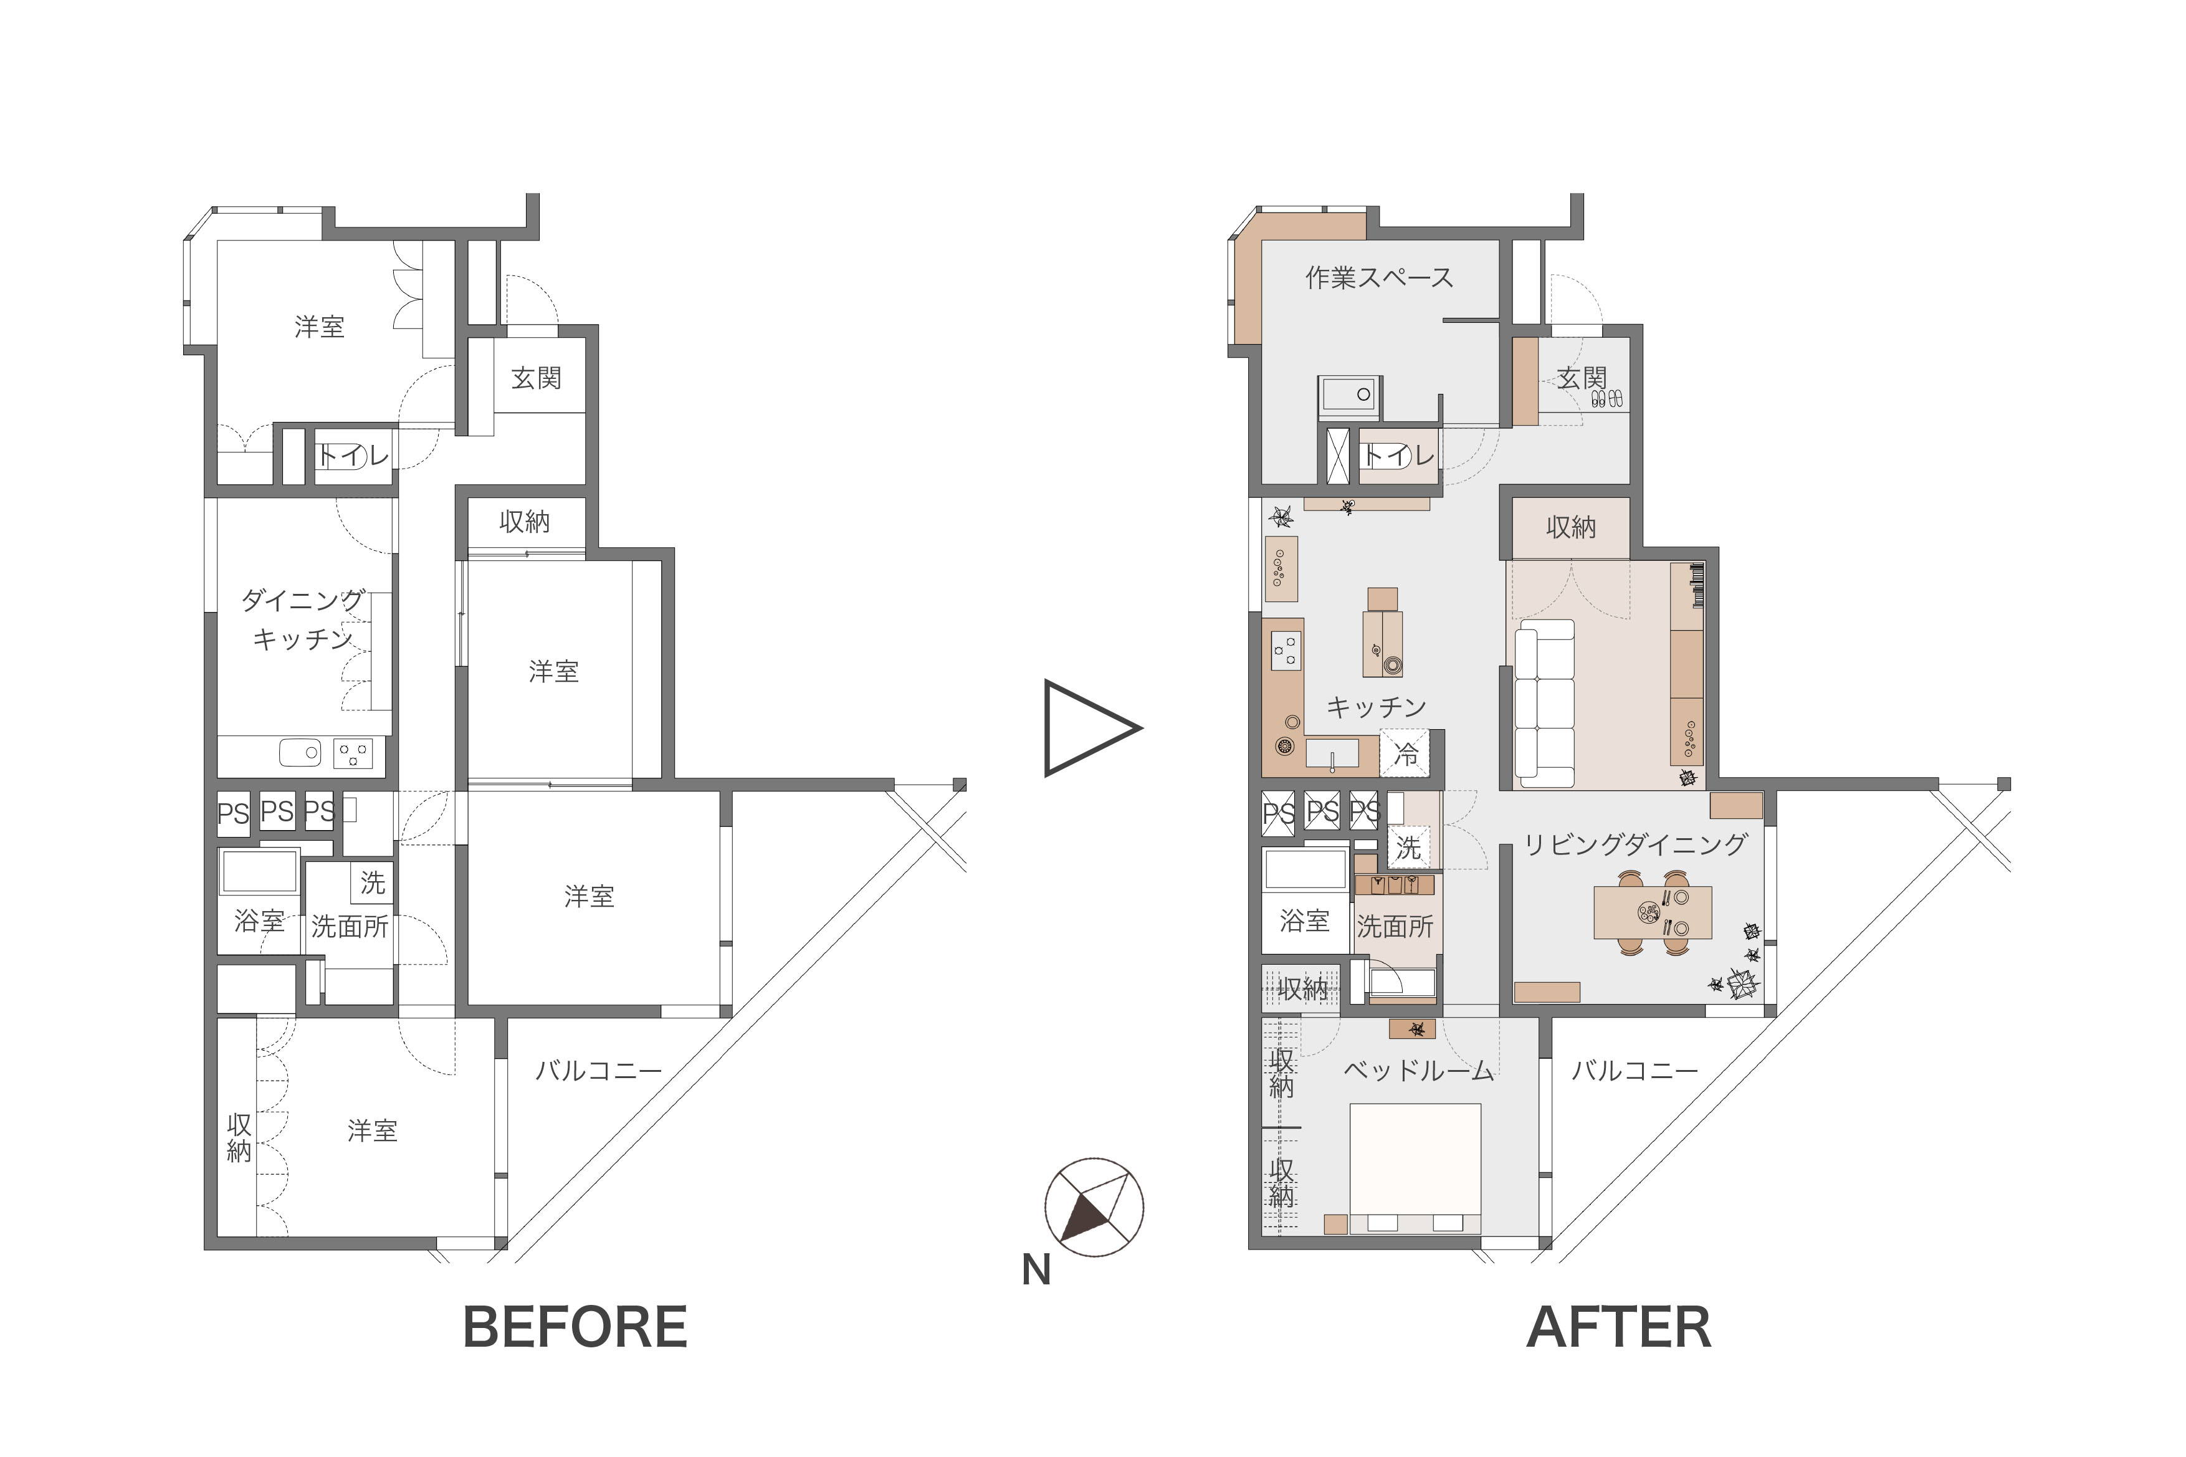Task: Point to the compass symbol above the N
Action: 1094,1207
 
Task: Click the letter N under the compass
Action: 1036,1270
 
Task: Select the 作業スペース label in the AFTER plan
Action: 1378,277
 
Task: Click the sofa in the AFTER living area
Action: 1544,704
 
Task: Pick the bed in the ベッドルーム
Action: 1415,1168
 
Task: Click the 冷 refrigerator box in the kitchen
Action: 1406,753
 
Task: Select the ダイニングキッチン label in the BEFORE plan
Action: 303,619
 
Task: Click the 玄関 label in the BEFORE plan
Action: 536,378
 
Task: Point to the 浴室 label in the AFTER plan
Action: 1304,921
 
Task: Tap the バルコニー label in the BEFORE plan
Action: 598,1071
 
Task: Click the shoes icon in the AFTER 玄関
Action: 1607,399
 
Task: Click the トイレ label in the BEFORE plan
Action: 353,456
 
